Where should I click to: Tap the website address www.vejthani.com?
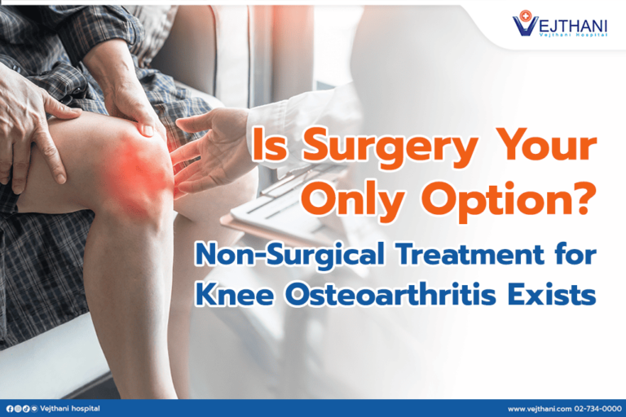[x=539, y=408]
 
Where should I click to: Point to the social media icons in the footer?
[x=20, y=408]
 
